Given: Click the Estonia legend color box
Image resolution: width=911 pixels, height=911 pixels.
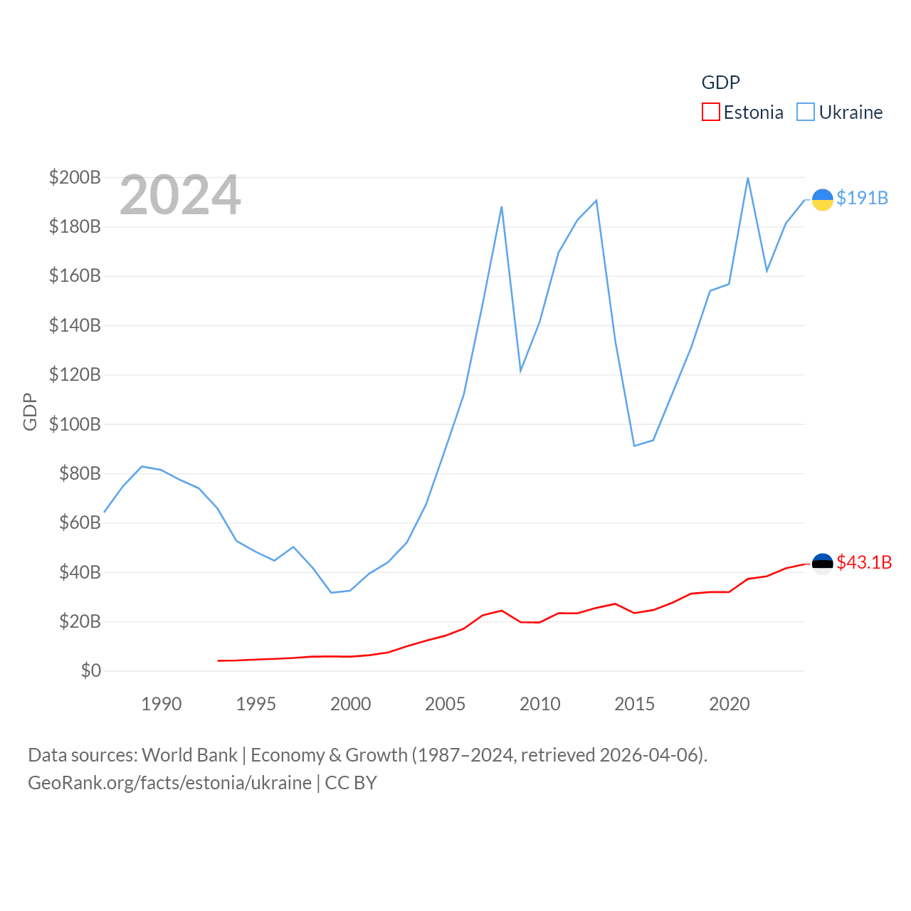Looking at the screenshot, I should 710,112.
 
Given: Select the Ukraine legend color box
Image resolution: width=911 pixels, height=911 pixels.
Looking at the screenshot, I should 806,112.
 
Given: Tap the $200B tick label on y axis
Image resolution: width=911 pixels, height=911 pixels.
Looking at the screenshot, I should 75,177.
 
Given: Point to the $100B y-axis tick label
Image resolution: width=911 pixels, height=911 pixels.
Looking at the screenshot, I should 75,424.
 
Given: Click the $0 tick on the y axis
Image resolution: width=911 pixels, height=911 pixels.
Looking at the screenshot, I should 90,670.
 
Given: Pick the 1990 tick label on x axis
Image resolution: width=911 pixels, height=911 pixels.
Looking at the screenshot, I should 162,704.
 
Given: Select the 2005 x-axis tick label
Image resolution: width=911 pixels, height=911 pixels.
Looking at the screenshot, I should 445,704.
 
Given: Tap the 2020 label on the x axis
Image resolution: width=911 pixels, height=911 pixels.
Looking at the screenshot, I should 730,704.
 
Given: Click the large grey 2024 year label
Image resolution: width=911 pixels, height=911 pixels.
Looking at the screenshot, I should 180,195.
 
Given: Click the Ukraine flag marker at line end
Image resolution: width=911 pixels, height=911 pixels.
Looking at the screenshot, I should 822,200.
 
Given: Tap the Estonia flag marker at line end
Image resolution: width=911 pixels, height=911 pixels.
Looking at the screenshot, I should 822,564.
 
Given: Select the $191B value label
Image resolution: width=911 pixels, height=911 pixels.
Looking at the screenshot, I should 862,198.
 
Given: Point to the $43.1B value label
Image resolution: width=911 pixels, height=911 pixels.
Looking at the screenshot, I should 864,562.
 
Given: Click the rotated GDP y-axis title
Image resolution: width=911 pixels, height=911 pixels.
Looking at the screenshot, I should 30,411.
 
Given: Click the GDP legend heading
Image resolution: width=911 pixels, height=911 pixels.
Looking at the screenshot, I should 720,83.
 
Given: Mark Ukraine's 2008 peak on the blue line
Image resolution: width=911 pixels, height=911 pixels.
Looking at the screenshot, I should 502,207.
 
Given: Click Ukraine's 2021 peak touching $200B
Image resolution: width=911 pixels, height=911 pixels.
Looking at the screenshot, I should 747,178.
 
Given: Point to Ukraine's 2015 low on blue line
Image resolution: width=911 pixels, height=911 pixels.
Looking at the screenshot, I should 634,446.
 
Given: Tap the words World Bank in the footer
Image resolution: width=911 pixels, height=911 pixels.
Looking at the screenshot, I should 189,754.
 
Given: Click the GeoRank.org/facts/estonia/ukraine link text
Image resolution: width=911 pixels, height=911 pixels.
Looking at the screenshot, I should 169,783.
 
